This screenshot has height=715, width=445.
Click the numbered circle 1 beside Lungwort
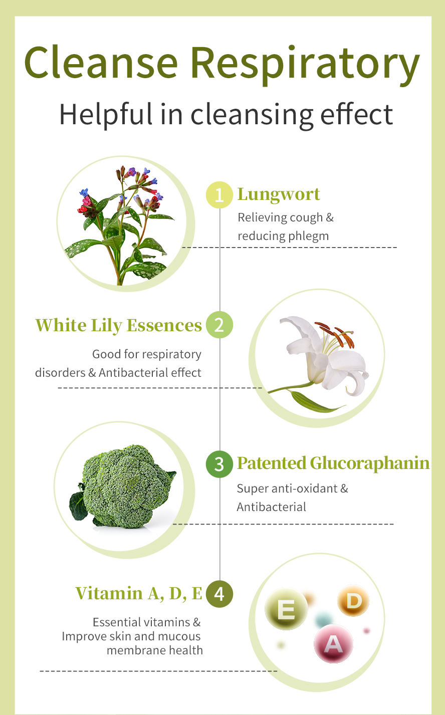tap(219, 195)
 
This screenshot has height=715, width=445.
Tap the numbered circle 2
tap(219, 325)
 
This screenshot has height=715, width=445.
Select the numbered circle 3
tap(219, 464)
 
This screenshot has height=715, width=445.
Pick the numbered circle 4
tap(219, 594)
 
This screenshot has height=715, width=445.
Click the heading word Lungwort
tap(279, 194)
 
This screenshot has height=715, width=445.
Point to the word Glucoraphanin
tap(370, 463)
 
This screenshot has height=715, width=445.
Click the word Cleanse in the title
tap(101, 62)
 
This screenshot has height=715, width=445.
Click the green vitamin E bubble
tap(286, 609)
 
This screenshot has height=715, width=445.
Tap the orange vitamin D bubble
tap(353, 601)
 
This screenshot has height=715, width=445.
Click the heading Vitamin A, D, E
tap(139, 594)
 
